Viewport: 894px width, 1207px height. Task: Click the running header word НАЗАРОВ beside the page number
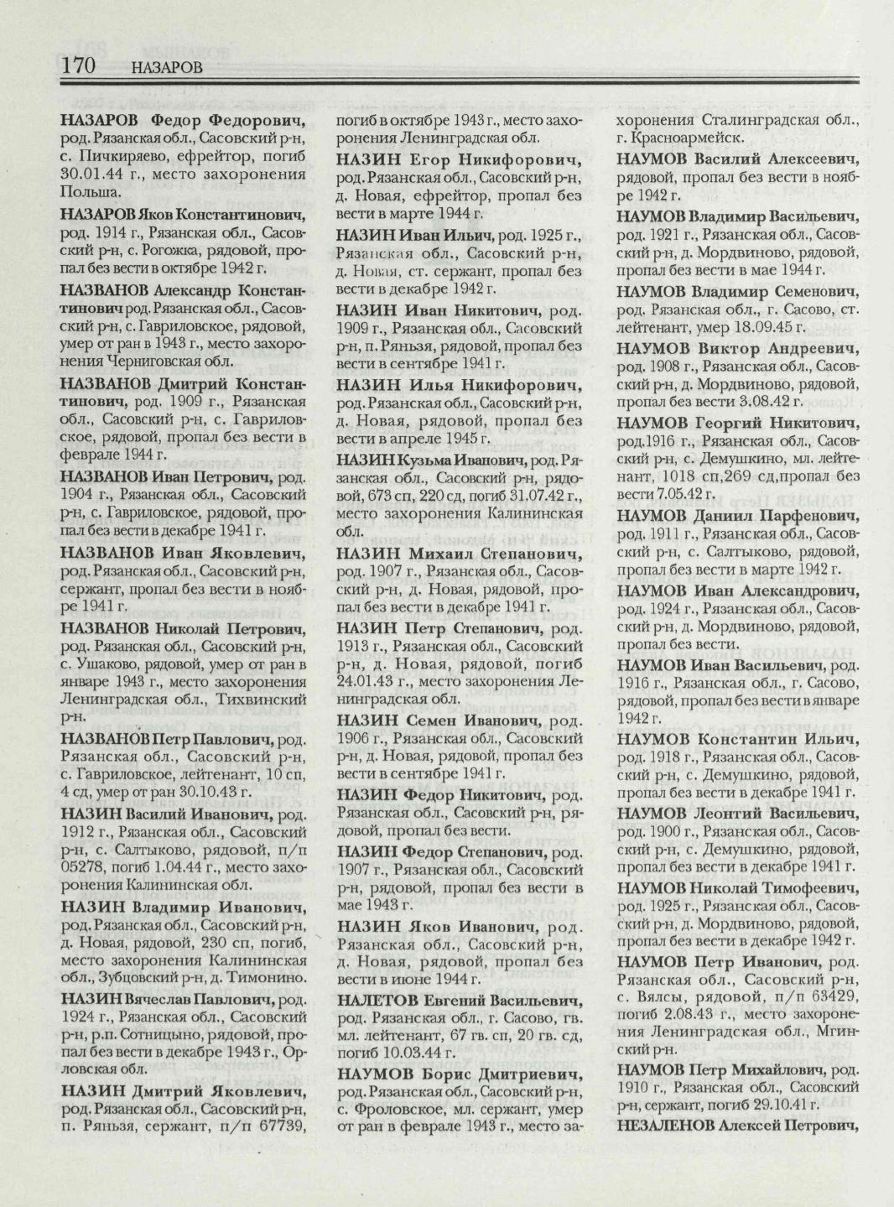168,68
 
